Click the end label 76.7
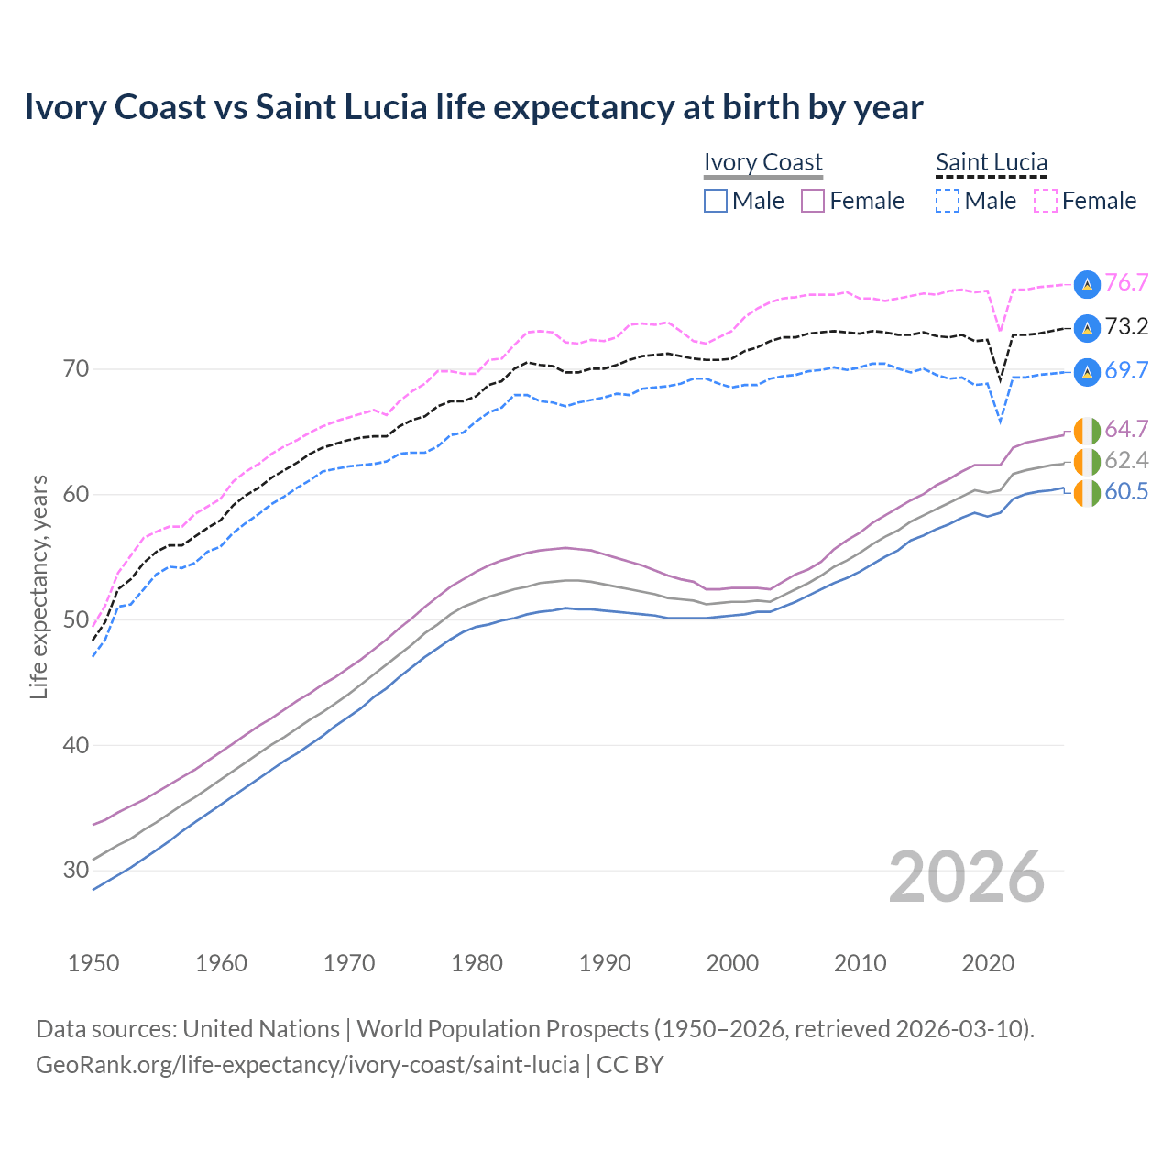click(1126, 283)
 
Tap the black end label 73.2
click(1126, 327)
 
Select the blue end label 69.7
click(1126, 371)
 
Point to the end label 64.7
click(1126, 430)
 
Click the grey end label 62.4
click(1126, 461)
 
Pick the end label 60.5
click(1126, 492)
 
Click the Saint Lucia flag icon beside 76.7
click(1087, 284)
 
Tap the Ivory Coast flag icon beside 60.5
click(1087, 493)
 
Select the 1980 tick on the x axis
click(477, 963)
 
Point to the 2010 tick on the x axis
click(860, 963)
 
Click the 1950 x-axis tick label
click(94, 963)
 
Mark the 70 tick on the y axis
click(76, 369)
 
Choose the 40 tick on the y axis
click(76, 745)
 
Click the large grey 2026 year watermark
click(967, 878)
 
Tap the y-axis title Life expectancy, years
click(39, 586)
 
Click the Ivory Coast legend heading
click(763, 162)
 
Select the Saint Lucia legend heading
click(992, 162)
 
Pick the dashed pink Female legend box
click(1046, 201)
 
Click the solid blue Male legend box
click(716, 201)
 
